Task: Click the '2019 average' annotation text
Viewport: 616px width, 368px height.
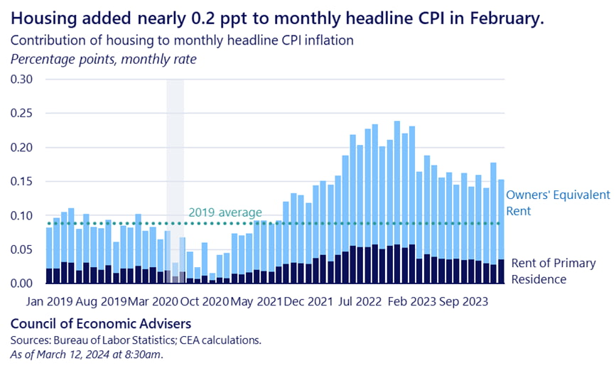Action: click(x=225, y=212)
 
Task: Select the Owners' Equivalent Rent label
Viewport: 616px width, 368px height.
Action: click(x=558, y=202)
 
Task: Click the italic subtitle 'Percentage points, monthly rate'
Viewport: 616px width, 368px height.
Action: click(x=104, y=58)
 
